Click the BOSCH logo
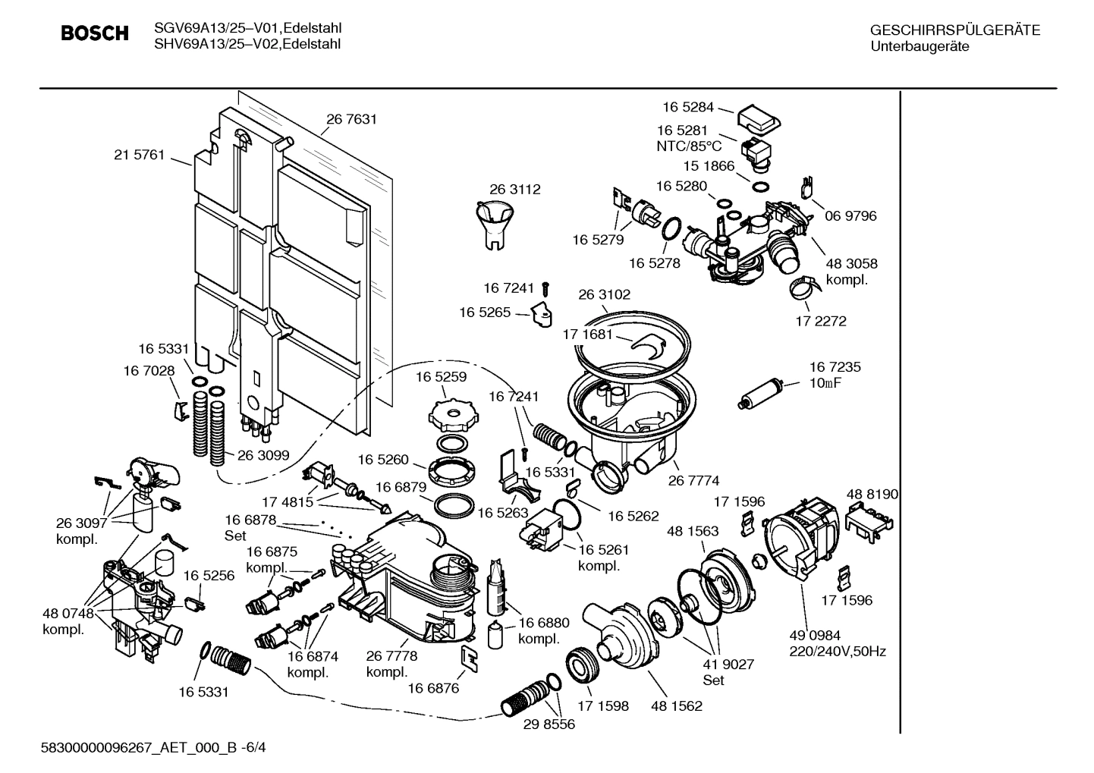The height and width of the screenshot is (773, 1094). pos(94,34)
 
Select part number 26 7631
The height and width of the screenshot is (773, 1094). pos(351,119)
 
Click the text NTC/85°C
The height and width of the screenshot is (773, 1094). pos(689,146)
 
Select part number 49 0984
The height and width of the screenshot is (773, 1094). pos(815,635)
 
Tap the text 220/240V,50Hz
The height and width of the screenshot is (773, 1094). pos(838,651)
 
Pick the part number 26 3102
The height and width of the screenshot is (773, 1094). pos(604,294)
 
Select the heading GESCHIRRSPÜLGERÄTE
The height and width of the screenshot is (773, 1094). pos(954,31)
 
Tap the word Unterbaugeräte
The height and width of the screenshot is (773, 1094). pos(920,46)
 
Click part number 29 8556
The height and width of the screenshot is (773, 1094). pos(549,724)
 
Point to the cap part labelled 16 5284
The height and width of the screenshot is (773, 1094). pos(759,118)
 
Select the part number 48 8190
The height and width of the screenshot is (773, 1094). pos(872,494)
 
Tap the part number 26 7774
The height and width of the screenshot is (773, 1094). pos(693,480)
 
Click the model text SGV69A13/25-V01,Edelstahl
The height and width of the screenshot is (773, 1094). pos(247,28)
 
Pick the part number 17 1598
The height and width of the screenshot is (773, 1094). pos(603,705)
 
